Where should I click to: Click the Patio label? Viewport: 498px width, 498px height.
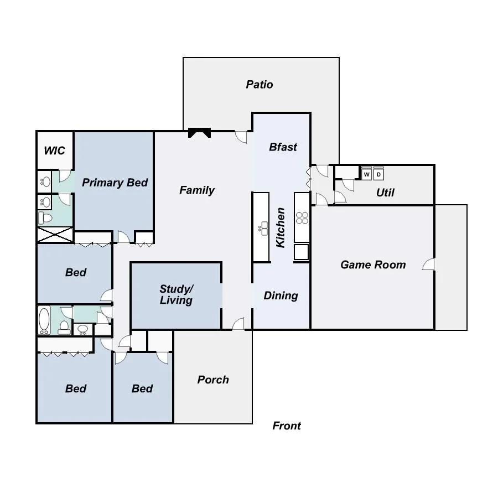(x=259, y=85)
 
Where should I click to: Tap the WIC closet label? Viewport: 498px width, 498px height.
(x=54, y=151)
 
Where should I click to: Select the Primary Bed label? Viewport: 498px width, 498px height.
(x=115, y=183)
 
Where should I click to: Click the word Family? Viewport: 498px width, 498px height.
(x=197, y=190)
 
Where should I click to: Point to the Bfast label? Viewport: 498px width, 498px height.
(x=283, y=147)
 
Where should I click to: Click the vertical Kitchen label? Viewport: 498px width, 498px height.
(x=280, y=227)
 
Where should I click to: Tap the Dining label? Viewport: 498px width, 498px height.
(x=281, y=295)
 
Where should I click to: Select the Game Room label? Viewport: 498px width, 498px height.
(x=373, y=264)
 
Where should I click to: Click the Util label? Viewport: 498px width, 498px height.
(x=385, y=193)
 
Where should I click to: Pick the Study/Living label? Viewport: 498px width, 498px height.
(x=176, y=294)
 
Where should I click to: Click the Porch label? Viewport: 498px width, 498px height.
(x=213, y=380)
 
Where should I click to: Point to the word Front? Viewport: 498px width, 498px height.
(x=287, y=426)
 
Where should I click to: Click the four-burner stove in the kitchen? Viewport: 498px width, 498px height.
(x=302, y=218)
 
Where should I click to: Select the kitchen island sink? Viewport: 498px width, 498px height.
(x=263, y=229)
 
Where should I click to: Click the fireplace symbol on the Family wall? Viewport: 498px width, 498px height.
(x=199, y=132)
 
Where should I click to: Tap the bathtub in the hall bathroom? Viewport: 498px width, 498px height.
(x=44, y=320)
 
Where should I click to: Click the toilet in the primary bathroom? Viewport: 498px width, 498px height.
(x=45, y=218)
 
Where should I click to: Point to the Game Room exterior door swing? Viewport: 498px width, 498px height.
(x=428, y=264)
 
